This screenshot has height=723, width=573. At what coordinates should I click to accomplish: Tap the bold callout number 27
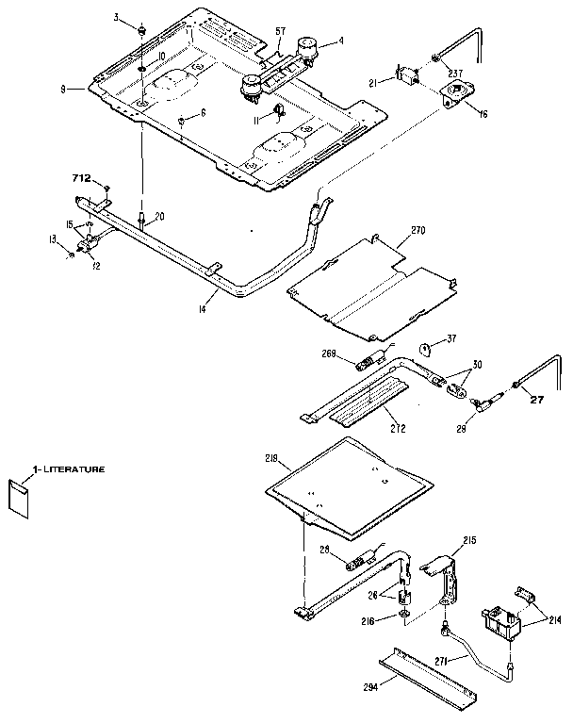tap(538, 399)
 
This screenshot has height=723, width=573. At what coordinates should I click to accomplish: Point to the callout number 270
tap(417, 230)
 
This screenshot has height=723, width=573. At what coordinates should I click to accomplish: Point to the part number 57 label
tap(280, 32)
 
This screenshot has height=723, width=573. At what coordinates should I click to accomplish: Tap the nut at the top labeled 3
tap(139, 30)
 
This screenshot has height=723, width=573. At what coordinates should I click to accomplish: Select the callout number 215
tap(469, 540)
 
